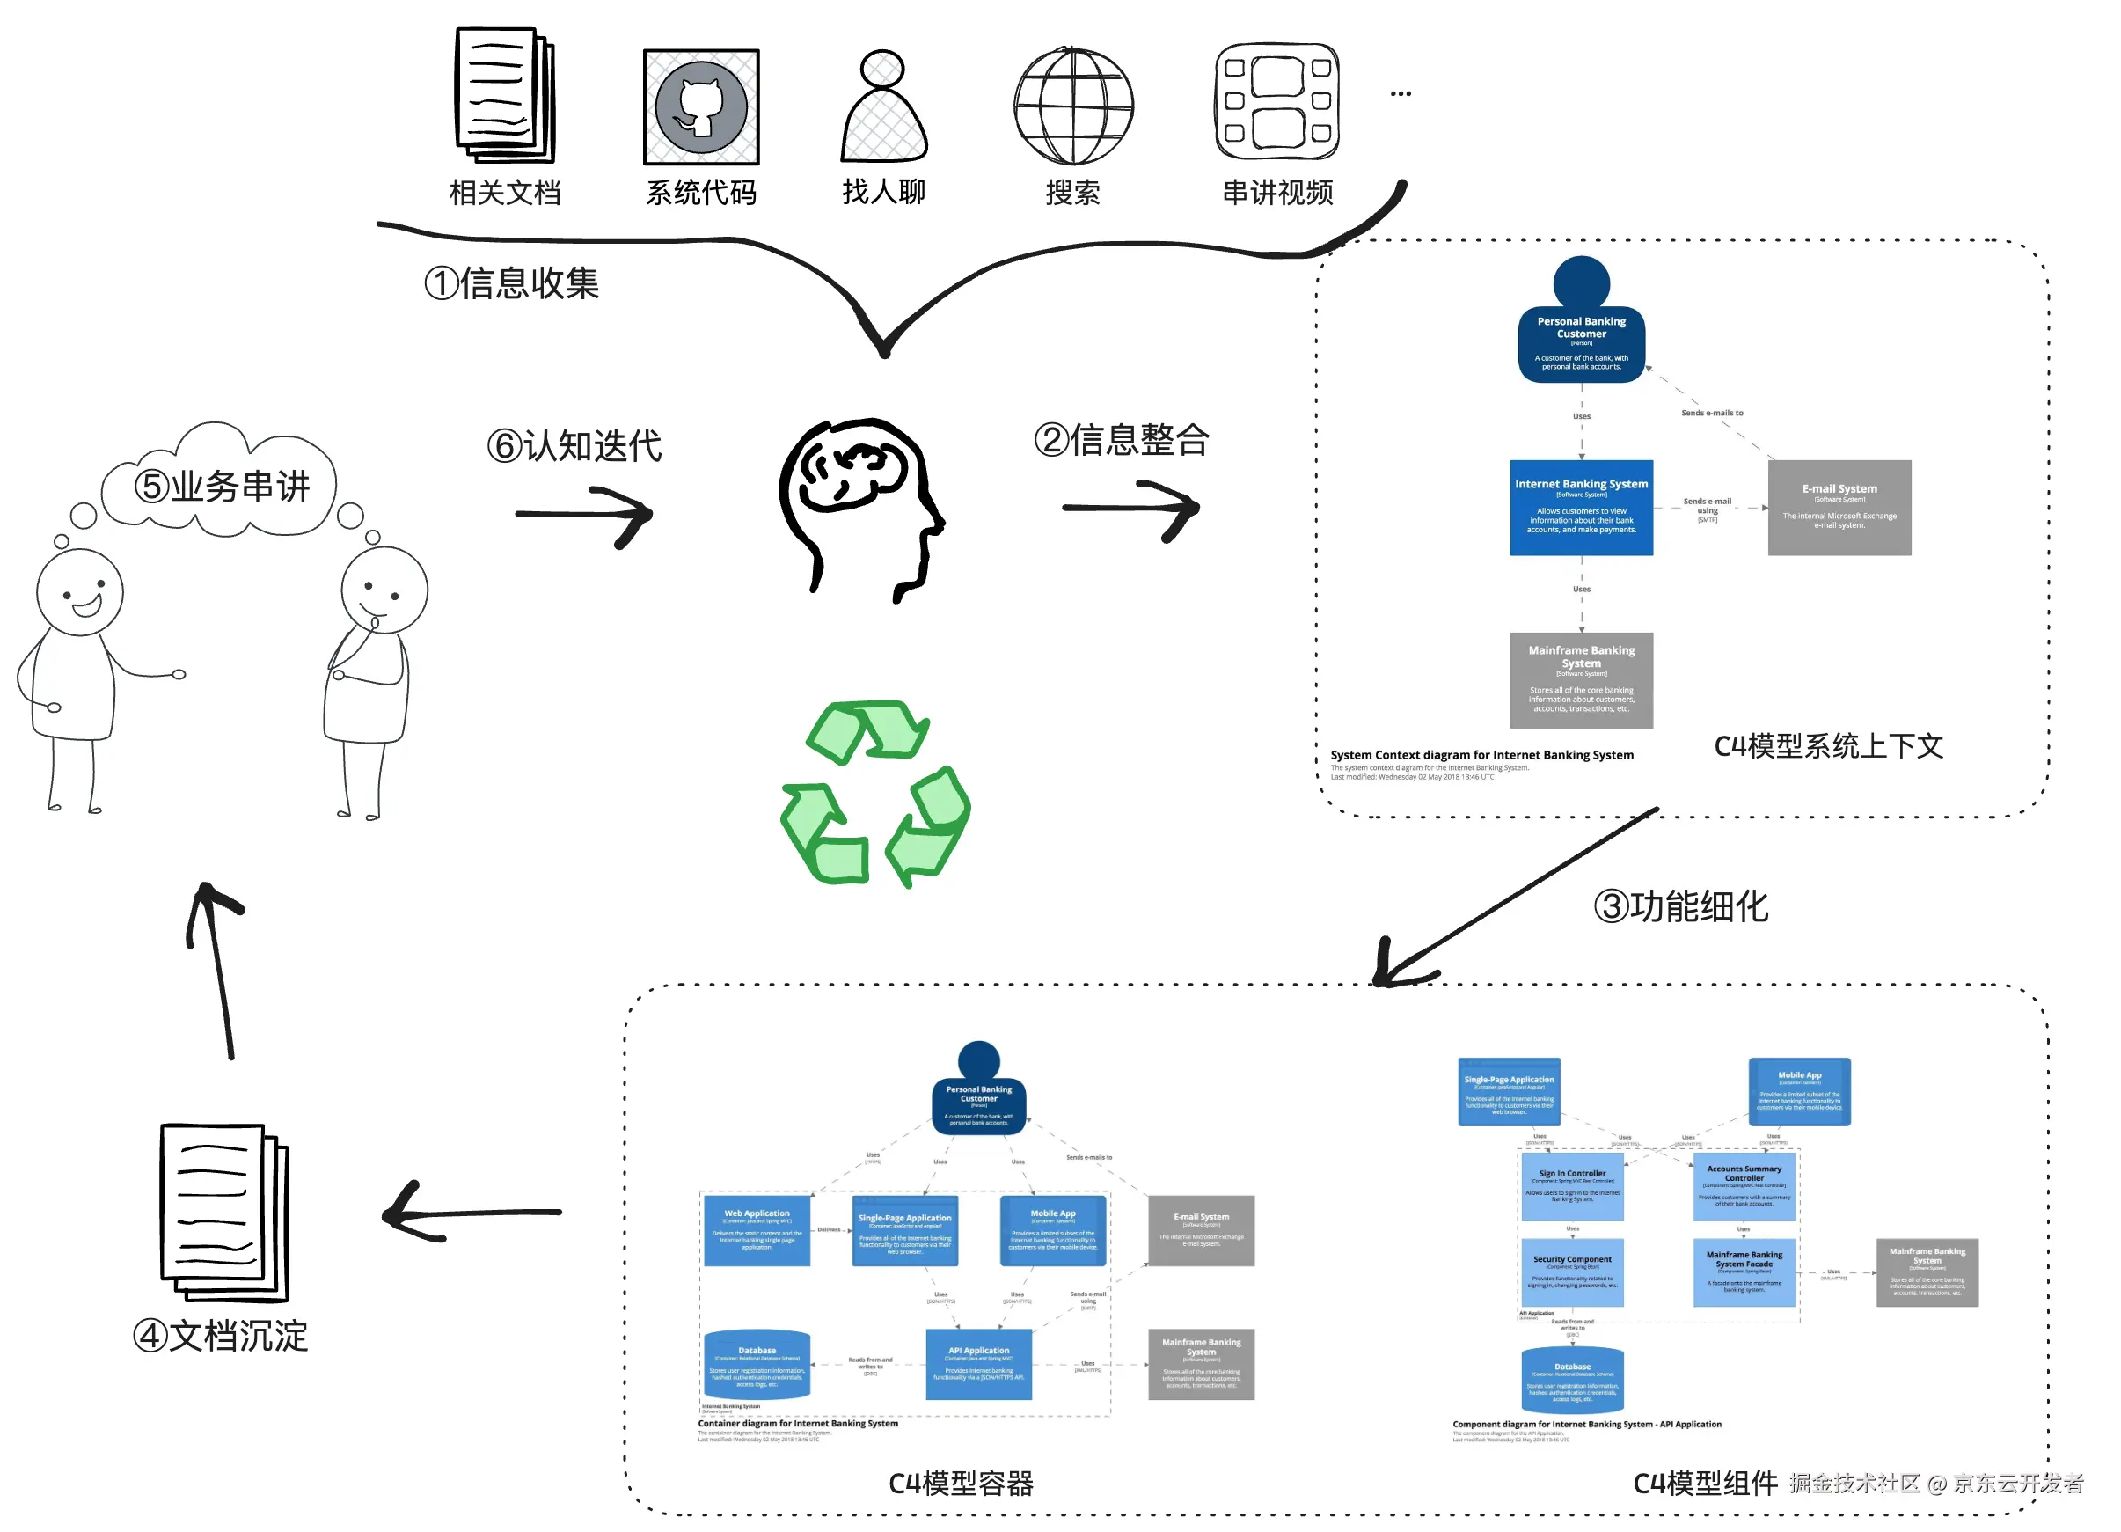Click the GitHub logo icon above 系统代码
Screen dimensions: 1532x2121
(701, 107)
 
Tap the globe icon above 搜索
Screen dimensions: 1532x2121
(1073, 106)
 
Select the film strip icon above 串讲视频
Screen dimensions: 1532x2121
(1277, 101)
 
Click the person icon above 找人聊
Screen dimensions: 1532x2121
(884, 107)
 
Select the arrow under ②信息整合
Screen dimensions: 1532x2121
(1131, 509)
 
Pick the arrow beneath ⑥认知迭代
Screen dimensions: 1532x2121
(584, 515)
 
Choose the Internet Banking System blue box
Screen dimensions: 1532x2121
(1582, 508)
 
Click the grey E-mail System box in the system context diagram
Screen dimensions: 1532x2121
(1839, 508)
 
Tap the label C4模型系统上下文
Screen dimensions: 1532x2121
(1828, 746)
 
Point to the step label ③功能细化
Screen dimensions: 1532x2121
(1680, 906)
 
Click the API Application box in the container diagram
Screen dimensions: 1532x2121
(978, 1364)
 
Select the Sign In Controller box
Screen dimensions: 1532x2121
(1572, 1186)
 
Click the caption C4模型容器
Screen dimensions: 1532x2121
(961, 1484)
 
